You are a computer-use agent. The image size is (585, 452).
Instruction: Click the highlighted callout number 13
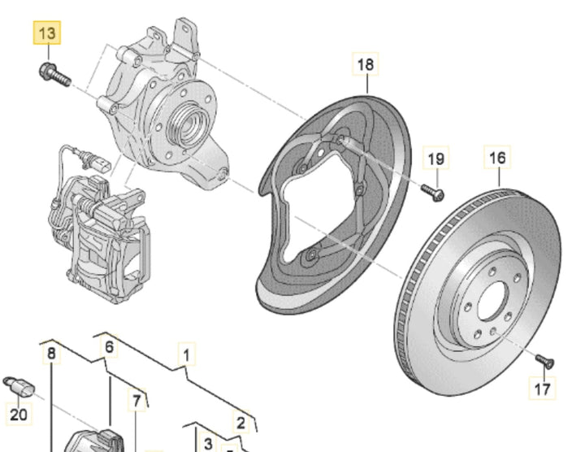pyautogui.click(x=46, y=34)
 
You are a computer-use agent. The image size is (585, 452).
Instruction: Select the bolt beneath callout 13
pyautogui.click(x=54, y=74)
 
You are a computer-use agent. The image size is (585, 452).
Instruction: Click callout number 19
pyautogui.click(x=436, y=159)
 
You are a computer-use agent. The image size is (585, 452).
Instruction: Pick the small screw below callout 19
pyautogui.click(x=434, y=193)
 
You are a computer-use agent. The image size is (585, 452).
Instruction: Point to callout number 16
pyautogui.click(x=497, y=157)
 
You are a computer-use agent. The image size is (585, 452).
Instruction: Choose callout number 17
pyautogui.click(x=544, y=389)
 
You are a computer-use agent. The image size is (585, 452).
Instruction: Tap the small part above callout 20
pyautogui.click(x=17, y=385)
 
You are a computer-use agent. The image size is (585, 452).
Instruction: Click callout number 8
pyautogui.click(x=51, y=354)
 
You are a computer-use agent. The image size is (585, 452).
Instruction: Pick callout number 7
pyautogui.click(x=136, y=400)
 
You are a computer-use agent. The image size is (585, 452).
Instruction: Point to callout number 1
pyautogui.click(x=187, y=355)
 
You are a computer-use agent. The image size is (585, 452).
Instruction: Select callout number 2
pyautogui.click(x=240, y=422)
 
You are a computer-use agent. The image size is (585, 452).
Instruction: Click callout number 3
pyautogui.click(x=207, y=444)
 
